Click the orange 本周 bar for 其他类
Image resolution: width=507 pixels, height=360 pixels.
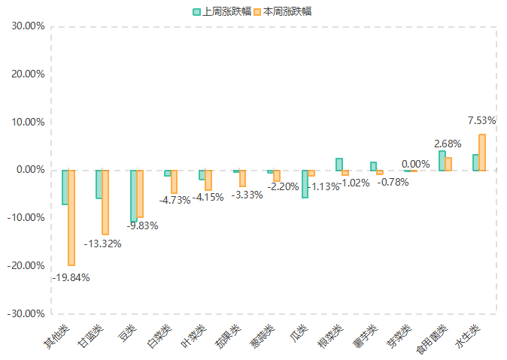click(71, 217)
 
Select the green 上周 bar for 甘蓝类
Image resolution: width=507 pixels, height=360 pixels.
click(99, 184)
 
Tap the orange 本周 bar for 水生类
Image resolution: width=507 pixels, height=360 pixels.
click(482, 152)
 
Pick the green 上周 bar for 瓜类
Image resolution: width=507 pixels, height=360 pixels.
click(305, 184)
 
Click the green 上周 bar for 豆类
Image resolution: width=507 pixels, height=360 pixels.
click(133, 196)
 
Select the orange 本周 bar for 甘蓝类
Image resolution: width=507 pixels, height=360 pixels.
click(105, 202)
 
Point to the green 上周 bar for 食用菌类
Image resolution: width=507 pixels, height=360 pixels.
click(442, 161)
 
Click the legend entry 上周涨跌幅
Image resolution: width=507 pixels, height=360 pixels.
click(222, 11)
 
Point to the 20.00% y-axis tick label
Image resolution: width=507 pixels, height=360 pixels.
click(29, 74)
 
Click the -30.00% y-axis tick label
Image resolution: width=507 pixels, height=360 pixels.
click(27, 313)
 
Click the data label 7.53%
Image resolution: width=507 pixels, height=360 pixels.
click(482, 120)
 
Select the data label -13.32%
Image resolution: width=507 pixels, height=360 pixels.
click(102, 244)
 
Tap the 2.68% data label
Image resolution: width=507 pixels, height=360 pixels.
click(448, 144)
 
